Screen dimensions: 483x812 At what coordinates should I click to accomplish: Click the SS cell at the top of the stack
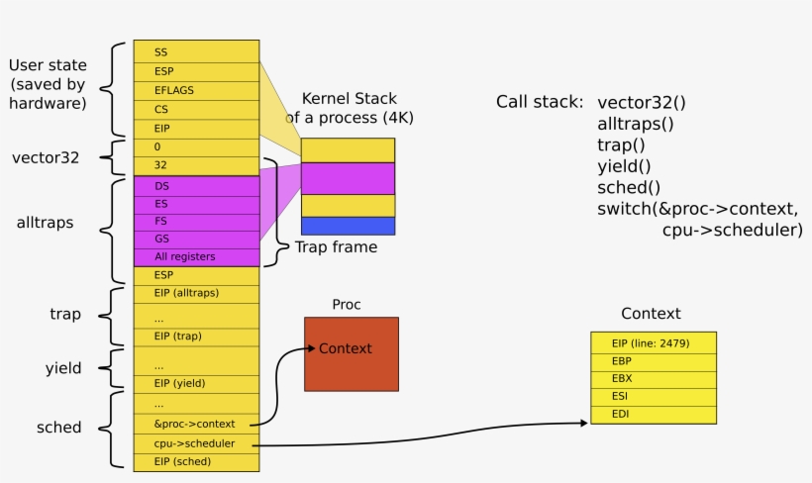tap(196, 51)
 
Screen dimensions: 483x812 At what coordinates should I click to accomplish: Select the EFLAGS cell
tap(196, 90)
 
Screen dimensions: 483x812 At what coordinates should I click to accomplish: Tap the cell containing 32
tap(196, 165)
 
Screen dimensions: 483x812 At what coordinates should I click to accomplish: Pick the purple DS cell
tap(196, 185)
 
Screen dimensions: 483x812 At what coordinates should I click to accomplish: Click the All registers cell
tap(196, 256)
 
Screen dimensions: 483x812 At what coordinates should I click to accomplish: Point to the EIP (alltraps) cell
tap(196, 293)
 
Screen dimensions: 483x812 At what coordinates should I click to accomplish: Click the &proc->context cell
tap(196, 424)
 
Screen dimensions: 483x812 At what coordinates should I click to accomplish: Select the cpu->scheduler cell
tap(196, 443)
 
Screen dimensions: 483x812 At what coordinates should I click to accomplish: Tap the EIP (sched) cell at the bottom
tap(196, 462)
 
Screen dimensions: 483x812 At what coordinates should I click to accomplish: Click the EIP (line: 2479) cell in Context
tap(653, 343)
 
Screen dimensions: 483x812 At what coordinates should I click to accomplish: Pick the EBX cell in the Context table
tap(653, 379)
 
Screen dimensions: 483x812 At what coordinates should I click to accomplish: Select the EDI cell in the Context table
tap(653, 414)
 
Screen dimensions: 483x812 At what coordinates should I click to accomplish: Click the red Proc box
tap(351, 353)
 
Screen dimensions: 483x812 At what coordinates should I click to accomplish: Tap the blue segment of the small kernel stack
tap(348, 226)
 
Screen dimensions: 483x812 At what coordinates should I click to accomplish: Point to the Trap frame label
tap(336, 247)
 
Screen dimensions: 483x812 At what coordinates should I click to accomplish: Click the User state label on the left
tap(48, 84)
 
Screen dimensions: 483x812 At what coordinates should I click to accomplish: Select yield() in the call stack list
tap(625, 166)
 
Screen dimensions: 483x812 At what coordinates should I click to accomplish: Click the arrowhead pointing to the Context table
tap(582, 423)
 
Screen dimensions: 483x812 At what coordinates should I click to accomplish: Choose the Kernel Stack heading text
tap(349, 108)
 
